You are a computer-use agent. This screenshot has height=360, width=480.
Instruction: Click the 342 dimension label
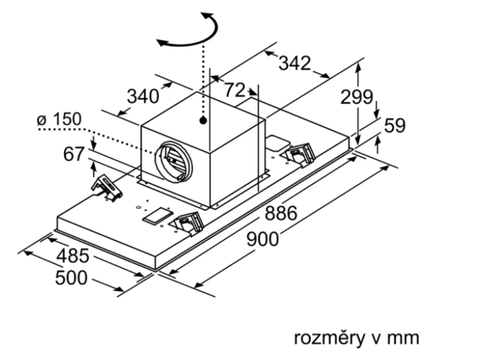(x=295, y=63)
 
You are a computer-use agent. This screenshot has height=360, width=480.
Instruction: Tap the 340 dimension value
(x=143, y=97)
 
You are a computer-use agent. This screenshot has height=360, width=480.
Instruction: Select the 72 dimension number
(x=234, y=90)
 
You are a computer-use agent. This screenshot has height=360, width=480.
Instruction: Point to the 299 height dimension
(x=356, y=97)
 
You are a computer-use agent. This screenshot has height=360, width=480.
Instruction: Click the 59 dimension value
(x=395, y=125)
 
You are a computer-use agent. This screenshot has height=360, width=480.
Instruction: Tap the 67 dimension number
(x=74, y=154)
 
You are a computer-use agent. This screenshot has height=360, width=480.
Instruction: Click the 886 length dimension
(x=281, y=213)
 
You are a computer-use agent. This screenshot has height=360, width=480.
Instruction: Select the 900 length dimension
(x=262, y=239)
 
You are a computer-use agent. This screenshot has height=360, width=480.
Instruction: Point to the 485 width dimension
(x=72, y=255)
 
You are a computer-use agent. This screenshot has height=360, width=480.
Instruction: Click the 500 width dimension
(x=71, y=278)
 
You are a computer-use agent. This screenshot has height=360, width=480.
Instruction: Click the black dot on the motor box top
(x=203, y=120)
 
